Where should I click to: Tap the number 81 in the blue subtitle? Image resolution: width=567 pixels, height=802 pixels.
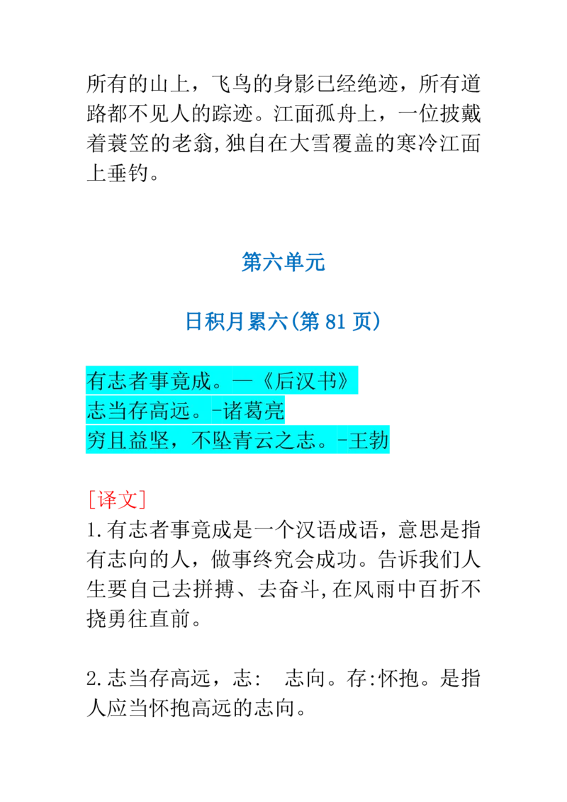pyautogui.click(x=335, y=323)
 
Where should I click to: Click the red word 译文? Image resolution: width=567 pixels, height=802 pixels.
pyautogui.click(x=116, y=499)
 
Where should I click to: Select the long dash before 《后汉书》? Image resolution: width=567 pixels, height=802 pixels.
pyautogui.click(x=242, y=381)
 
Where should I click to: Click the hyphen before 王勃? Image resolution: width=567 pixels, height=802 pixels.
pyautogui.click(x=343, y=441)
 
